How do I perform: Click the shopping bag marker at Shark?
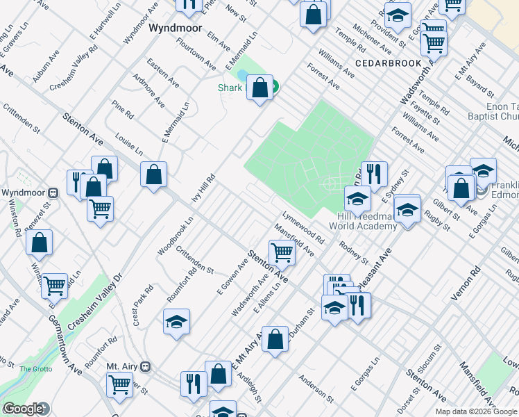point(259,88)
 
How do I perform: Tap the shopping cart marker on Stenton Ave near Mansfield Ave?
point(282,252)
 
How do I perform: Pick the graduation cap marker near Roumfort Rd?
point(176,322)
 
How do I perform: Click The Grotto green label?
point(35,369)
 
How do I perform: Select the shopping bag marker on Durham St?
point(275,339)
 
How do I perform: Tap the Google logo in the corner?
point(23,409)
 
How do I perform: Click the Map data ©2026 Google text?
point(476,411)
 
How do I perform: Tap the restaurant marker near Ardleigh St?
point(194,384)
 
